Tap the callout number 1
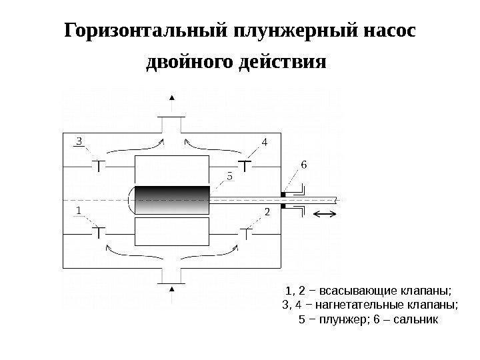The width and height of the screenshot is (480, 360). tap(79, 210)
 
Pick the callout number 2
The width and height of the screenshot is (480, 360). tap(267, 213)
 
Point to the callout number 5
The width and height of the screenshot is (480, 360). tap(230, 177)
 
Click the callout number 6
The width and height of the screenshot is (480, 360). tap(305, 164)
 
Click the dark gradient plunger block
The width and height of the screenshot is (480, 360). tap(172, 200)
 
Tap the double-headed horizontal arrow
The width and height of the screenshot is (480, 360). tap(326, 213)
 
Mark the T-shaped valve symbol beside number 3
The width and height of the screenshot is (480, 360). tap(99, 164)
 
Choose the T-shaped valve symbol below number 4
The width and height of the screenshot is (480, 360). tap(245, 164)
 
